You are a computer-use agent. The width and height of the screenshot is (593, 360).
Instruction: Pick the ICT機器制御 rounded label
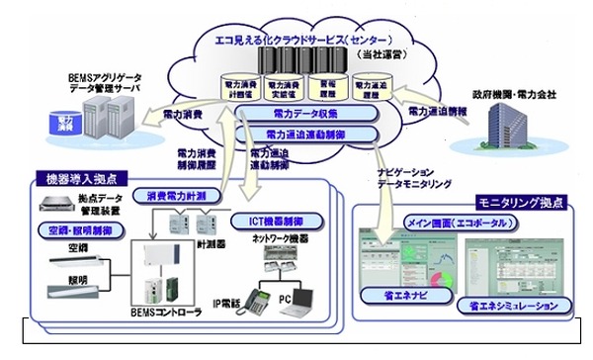point(270,215)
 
